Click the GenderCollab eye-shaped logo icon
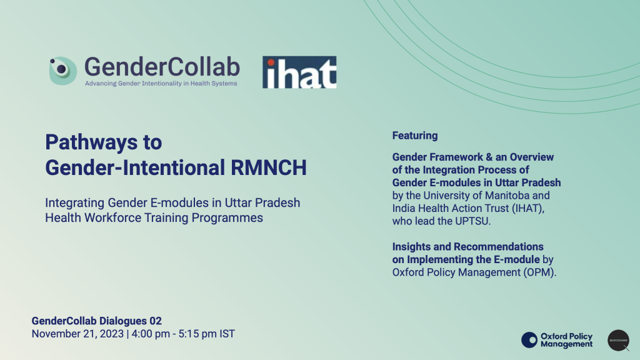coord(63,71)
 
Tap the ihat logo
coord(299,72)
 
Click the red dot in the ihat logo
coord(271,63)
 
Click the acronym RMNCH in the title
coord(269,167)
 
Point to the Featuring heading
coord(415,136)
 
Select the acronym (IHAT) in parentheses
coord(528,209)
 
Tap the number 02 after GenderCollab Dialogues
coord(156,321)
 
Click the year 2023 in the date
coord(112,334)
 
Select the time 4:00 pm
coord(151,334)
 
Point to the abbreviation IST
coord(227,334)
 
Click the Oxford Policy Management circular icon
coord(529,340)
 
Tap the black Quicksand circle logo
coord(618,341)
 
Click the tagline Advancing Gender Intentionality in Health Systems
coord(161,83)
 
